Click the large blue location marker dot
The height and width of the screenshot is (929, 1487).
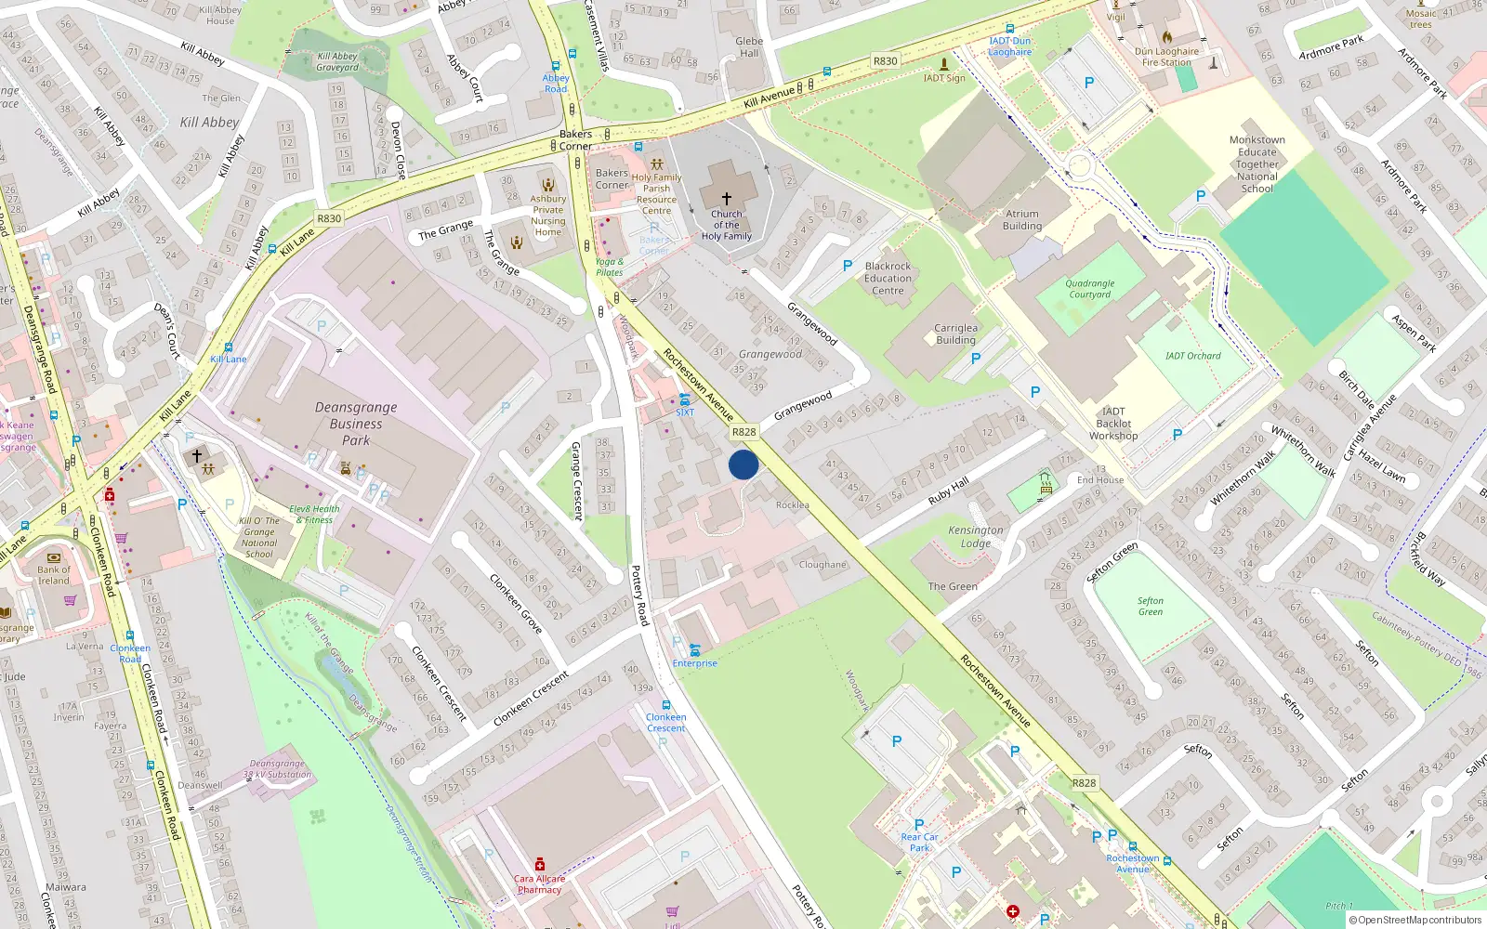click(743, 464)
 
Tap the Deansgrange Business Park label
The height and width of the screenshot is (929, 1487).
click(356, 424)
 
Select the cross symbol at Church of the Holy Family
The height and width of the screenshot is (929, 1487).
click(727, 198)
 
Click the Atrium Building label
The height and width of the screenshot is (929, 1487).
click(1022, 220)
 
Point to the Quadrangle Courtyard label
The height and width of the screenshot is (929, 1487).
click(1089, 289)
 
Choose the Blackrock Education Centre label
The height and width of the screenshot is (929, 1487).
click(888, 278)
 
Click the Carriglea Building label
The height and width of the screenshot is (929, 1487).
click(955, 334)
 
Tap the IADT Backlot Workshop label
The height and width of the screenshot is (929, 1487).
click(1113, 424)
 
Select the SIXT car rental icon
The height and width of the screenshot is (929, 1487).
click(685, 399)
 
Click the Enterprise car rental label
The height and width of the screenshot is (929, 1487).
click(695, 663)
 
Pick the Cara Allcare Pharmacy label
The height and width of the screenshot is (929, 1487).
click(539, 884)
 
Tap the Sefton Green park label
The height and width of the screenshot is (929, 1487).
click(1151, 607)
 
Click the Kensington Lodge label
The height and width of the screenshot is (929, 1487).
click(976, 536)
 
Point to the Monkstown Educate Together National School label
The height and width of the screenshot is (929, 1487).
click(1257, 164)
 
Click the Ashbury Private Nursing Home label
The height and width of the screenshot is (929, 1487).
click(548, 216)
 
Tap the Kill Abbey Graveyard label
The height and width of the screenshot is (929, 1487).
click(337, 61)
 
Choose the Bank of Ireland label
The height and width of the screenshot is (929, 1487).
click(54, 575)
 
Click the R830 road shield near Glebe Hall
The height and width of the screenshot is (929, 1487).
click(885, 61)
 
